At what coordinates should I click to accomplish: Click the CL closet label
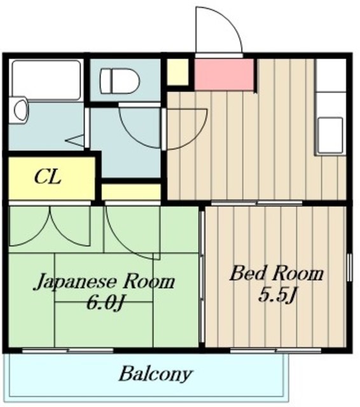tap(48, 177)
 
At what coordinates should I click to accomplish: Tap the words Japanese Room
tap(104, 282)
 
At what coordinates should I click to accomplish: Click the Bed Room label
tap(276, 274)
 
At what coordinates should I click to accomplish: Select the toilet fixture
tap(120, 81)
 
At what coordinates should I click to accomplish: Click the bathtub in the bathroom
tap(46, 80)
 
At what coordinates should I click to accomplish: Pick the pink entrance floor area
tap(224, 74)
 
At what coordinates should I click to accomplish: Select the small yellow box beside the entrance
tap(178, 72)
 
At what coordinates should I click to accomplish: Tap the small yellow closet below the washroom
tap(131, 191)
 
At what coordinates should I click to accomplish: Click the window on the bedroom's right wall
tap(349, 273)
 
